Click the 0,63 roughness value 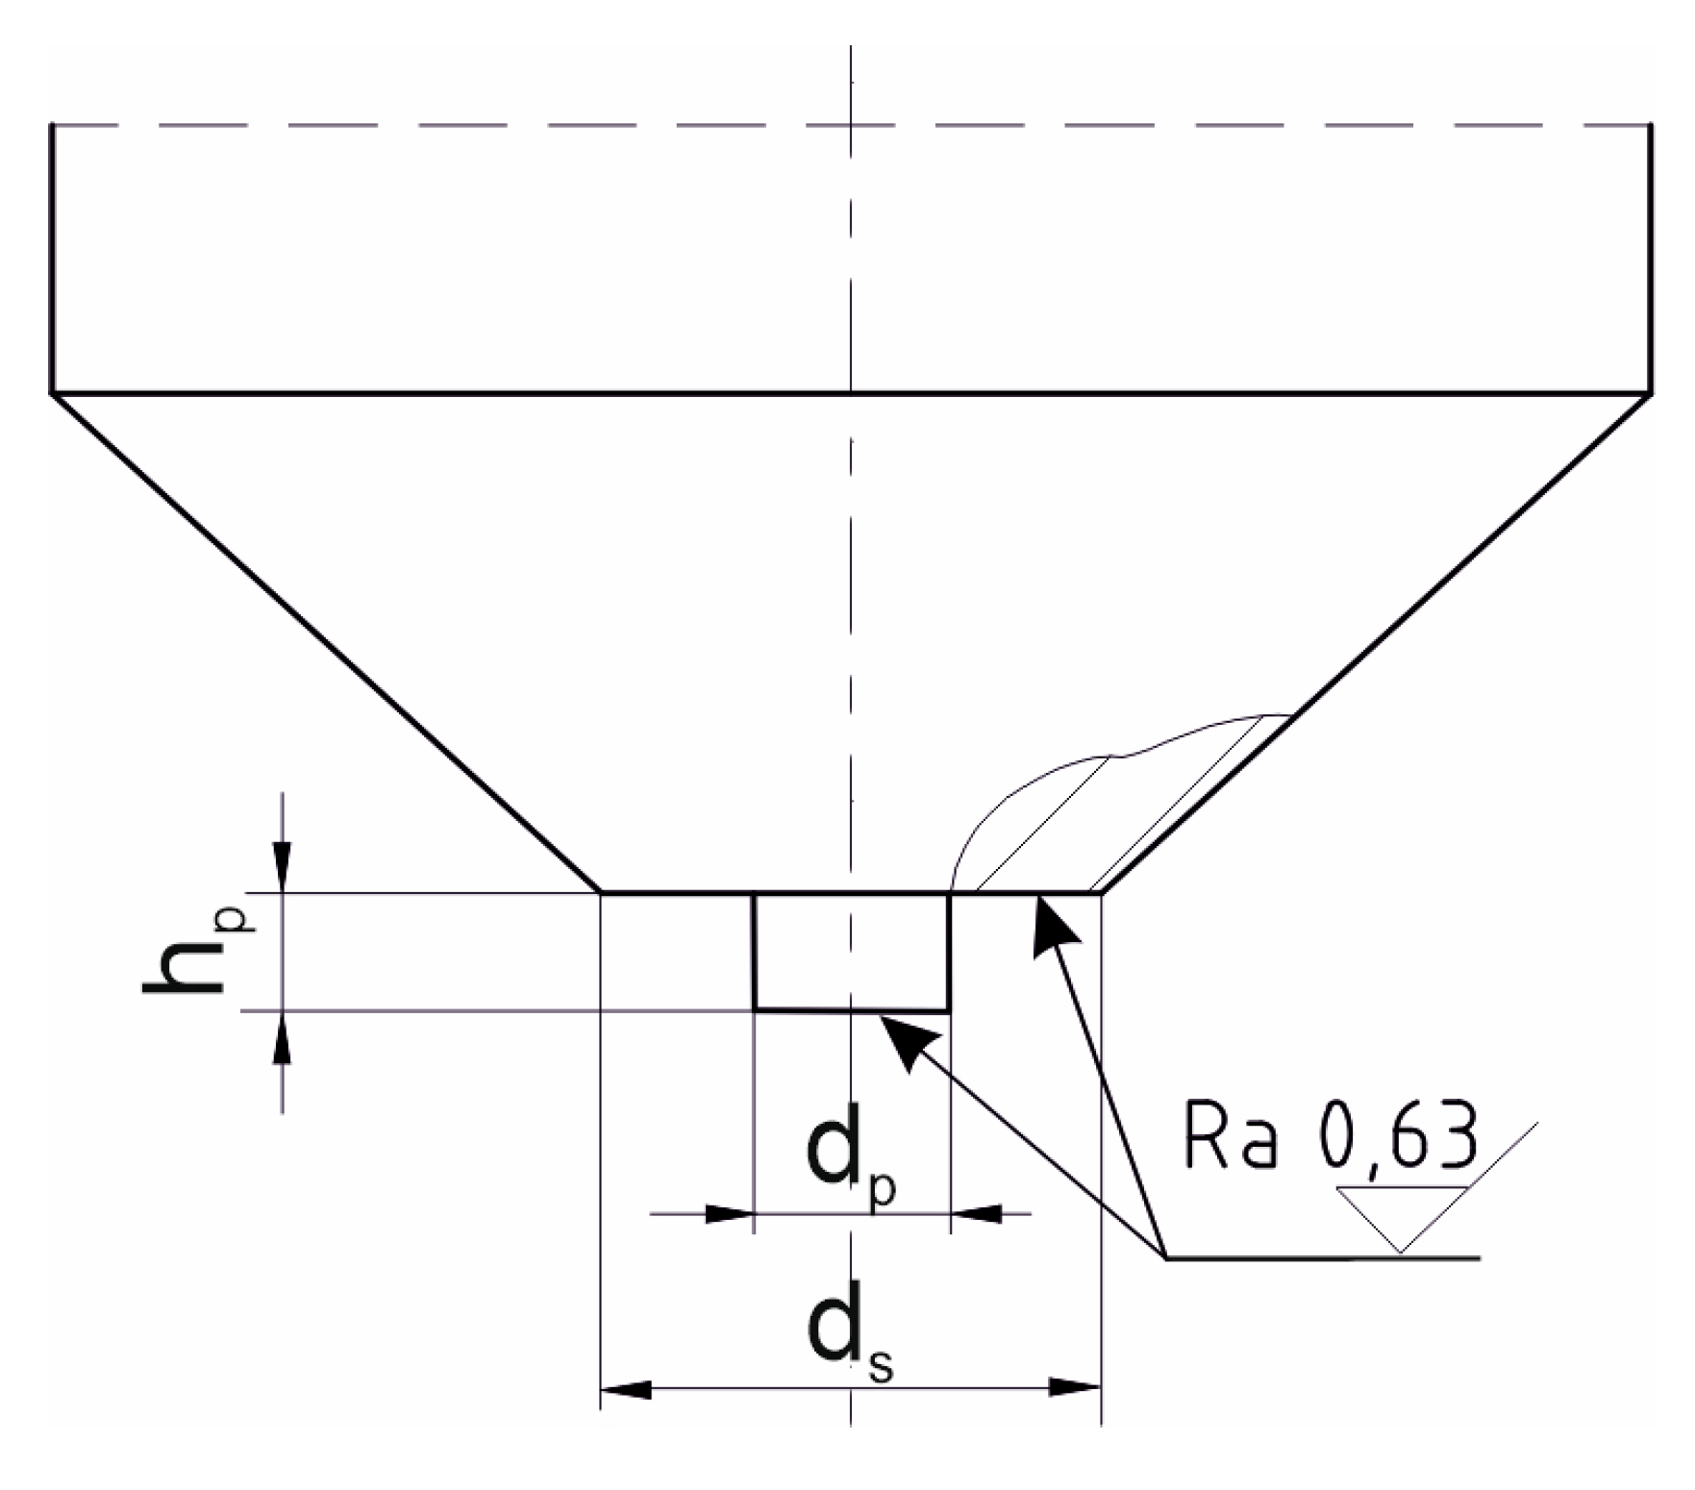pyautogui.click(x=1396, y=1137)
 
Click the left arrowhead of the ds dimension pyautogui.click(x=626, y=1388)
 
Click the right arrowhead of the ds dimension pyautogui.click(x=1075, y=1388)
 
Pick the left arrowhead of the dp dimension pyautogui.click(x=729, y=1214)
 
